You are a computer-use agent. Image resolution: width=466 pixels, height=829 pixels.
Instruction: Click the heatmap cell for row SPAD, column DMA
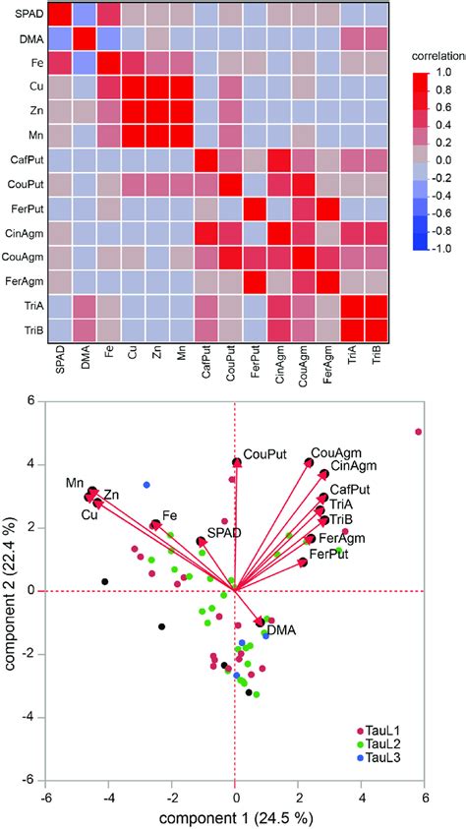point(86,15)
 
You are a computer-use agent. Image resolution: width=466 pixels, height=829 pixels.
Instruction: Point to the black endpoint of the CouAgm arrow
point(309,462)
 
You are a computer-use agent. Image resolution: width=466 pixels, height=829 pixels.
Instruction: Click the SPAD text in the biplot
point(224,532)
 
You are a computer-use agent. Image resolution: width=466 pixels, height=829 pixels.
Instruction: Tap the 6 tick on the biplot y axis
point(29,401)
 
